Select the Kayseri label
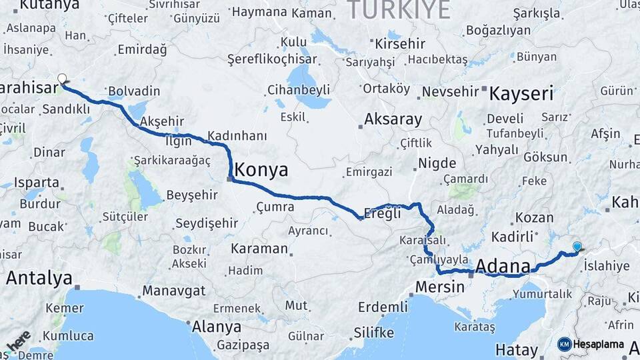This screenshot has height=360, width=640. coord(521,93)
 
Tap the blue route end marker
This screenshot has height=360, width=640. coord(577,247)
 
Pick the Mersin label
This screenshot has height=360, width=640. coord(439,287)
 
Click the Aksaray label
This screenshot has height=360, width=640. coord(393,120)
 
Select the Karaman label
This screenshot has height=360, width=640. coord(259,249)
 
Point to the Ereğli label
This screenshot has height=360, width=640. coord(382,214)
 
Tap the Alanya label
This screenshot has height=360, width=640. coord(216,327)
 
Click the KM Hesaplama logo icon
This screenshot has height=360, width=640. coord(565,344)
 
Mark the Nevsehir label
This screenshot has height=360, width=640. coord(451,91)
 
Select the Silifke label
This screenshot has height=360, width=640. coord(373,332)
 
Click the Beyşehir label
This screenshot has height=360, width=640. coord(191,195)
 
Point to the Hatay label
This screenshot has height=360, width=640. coord(517,350)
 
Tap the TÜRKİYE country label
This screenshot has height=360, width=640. coord(399,10)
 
